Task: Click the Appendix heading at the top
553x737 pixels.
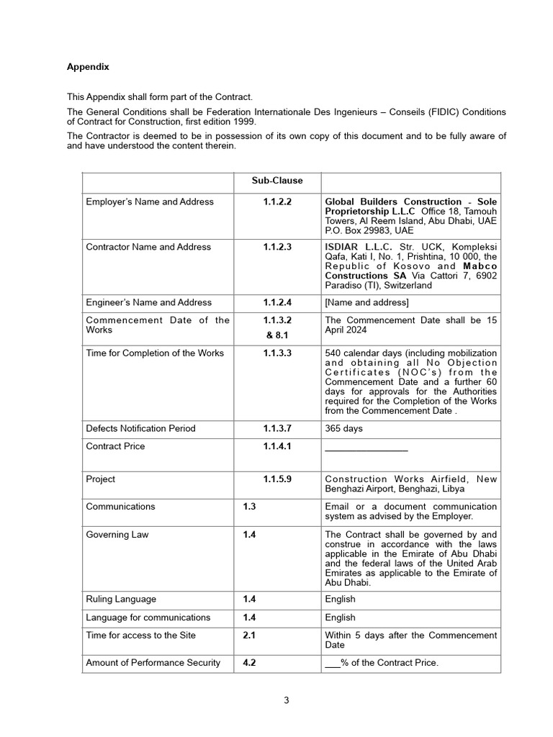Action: pos(88,67)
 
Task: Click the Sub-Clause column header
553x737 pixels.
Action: pos(277,181)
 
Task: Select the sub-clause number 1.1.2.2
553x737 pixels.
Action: pos(277,202)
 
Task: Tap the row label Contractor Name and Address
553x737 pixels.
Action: pos(148,247)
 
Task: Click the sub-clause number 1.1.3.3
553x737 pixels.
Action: pos(277,353)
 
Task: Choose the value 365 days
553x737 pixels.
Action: pos(344,429)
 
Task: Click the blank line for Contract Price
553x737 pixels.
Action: pos(366,448)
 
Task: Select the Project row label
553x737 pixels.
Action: pos(100,479)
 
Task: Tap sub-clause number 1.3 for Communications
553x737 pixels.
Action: pos(250,507)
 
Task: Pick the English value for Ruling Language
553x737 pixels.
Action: pos(340,600)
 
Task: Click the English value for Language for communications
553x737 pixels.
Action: pos(340,618)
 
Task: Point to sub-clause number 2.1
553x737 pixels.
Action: pos(250,636)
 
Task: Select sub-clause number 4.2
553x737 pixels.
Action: pos(250,663)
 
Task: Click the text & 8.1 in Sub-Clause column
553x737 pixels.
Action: pos(277,335)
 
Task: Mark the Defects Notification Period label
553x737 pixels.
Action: pos(140,429)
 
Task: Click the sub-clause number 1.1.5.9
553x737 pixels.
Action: pos(277,479)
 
